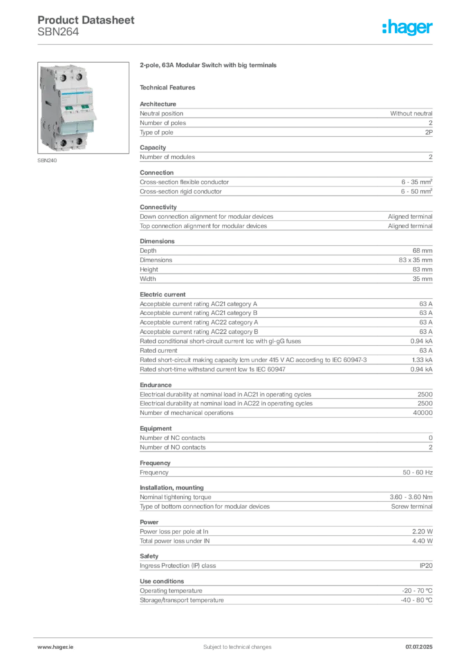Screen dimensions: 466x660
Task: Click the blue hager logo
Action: pos(409,28)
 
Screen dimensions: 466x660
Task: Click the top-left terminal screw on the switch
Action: pos(64,77)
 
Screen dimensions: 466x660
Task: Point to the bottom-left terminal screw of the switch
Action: pos(64,141)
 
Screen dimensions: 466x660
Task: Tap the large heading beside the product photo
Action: pos(208,65)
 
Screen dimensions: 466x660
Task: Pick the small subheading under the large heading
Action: pos(170,87)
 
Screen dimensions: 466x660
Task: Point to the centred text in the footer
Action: pos(232,644)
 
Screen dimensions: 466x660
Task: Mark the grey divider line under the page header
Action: pos(236,43)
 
